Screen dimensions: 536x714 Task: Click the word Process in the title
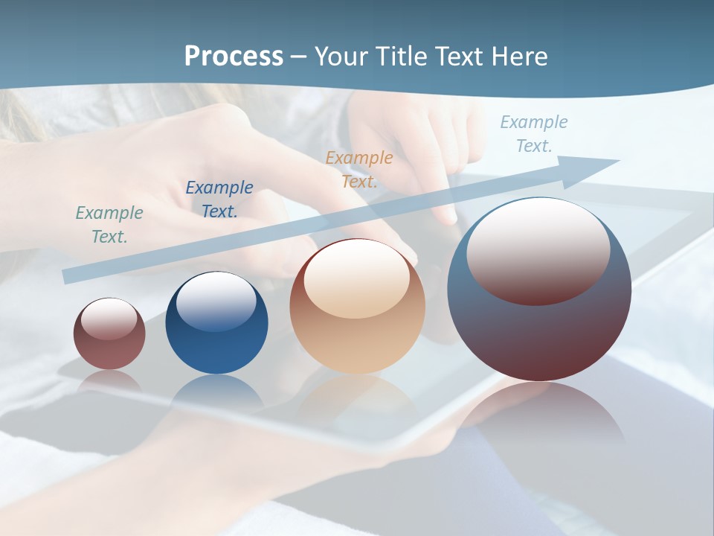point(234,57)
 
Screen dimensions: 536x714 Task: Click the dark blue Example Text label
point(219,200)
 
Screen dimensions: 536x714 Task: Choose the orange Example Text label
point(359,170)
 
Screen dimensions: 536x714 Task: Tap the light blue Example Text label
point(534,134)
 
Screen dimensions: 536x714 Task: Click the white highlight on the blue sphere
point(216,301)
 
